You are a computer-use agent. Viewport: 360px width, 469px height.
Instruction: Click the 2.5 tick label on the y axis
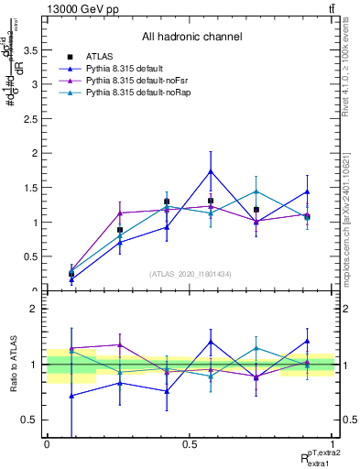pos(33,119)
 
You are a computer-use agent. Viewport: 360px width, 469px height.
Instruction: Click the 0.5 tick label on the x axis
pos(190,444)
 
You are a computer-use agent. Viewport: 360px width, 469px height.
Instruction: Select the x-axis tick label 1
pos(333,444)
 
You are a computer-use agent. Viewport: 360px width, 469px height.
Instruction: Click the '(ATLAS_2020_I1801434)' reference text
pos(191,273)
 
